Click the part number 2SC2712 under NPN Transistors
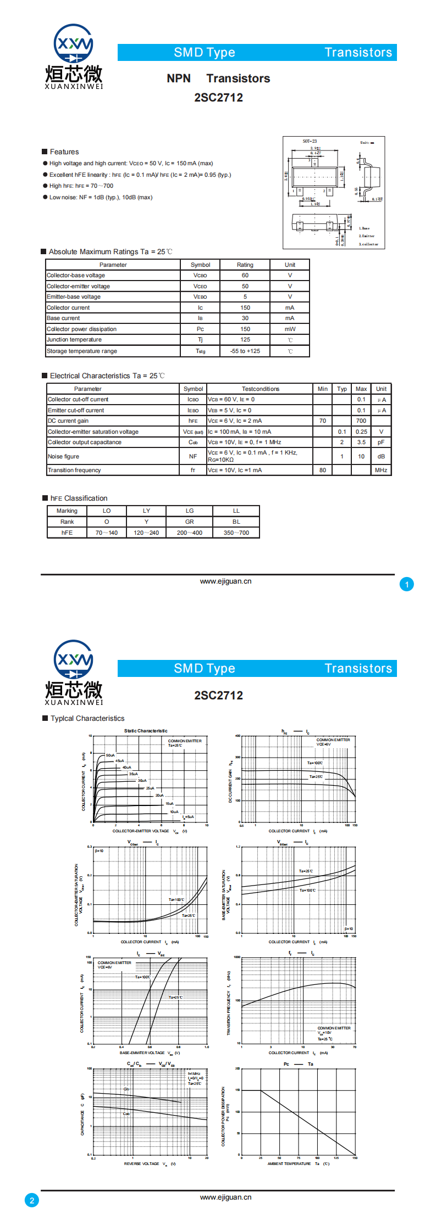point(218,98)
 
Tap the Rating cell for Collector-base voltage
point(245,276)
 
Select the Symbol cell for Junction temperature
point(200,340)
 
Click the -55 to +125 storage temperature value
point(245,351)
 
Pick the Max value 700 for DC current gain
point(361,421)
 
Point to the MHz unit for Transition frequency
point(381,471)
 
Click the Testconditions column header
point(261,389)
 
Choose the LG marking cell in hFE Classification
point(190,511)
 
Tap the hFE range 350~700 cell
point(236,533)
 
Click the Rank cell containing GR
point(190,522)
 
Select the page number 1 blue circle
point(407,585)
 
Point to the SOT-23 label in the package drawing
point(310,142)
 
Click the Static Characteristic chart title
point(146,731)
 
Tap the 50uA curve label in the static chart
point(111,755)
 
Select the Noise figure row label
point(64,457)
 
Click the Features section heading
point(64,152)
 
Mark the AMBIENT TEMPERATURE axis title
point(289,1164)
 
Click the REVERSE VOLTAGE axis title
point(142,1164)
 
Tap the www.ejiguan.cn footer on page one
point(225,581)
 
